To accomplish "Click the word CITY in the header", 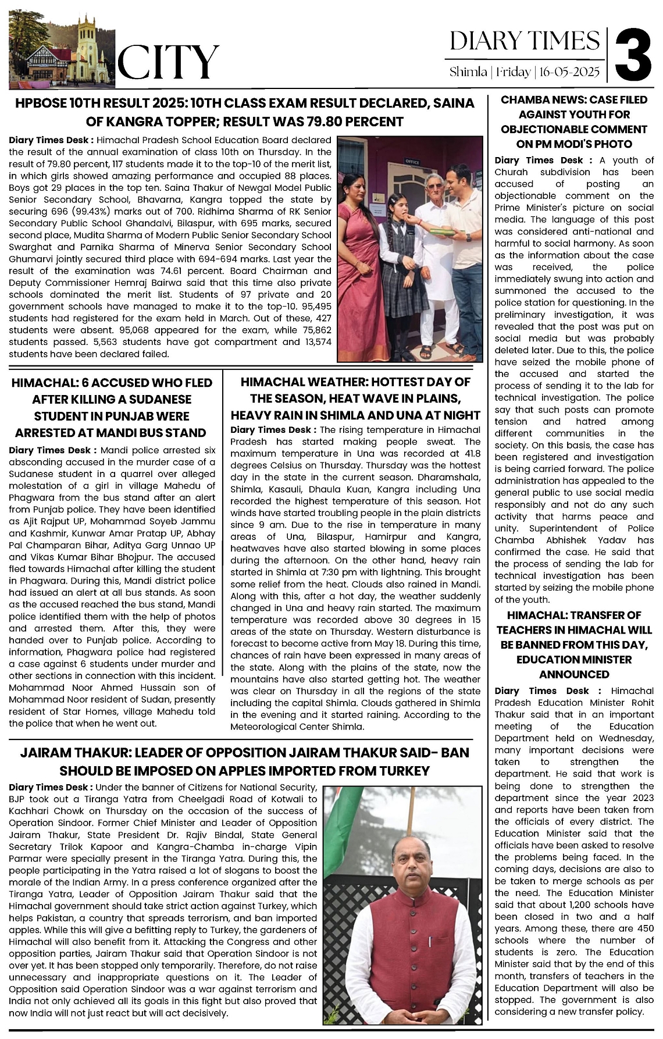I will coord(169,63).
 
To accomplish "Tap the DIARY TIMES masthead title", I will coord(525,41).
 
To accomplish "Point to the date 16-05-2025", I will coord(569,72).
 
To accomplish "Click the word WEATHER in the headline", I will coord(334,382).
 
